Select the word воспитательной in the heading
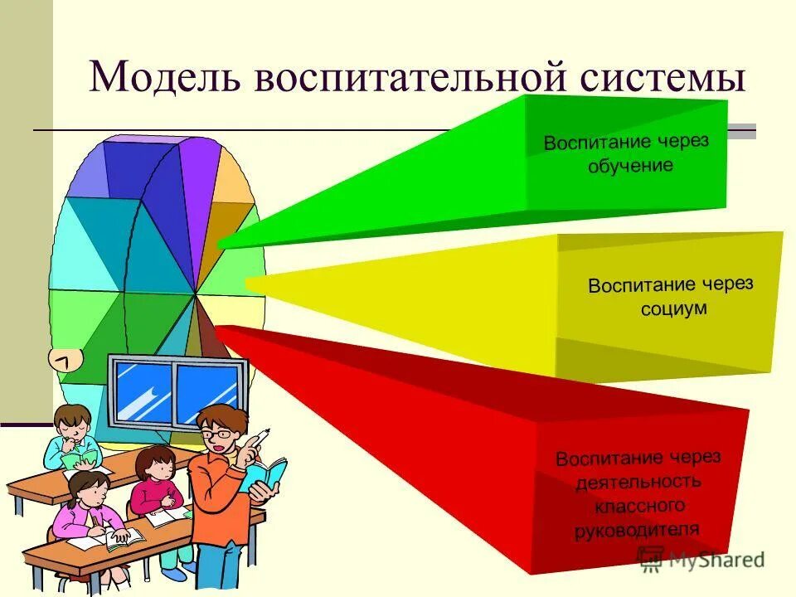tap(417, 77)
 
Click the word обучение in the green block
tap(630, 165)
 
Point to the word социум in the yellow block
tap(673, 308)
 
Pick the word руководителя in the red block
tap(637, 528)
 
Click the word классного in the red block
tap(638, 504)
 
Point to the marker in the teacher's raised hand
tap(260, 437)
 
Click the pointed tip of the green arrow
tap(221, 244)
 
